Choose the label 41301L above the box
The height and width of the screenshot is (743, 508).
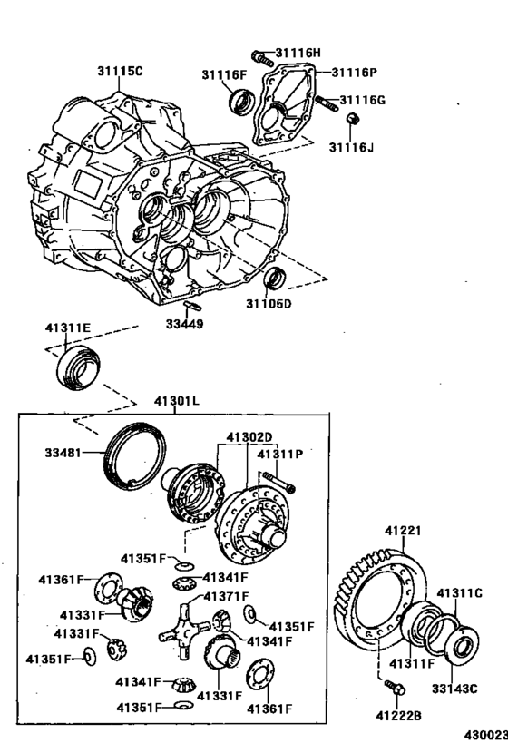[177, 400]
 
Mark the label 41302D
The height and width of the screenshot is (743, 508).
[249, 436]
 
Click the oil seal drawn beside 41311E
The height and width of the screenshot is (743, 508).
[83, 367]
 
